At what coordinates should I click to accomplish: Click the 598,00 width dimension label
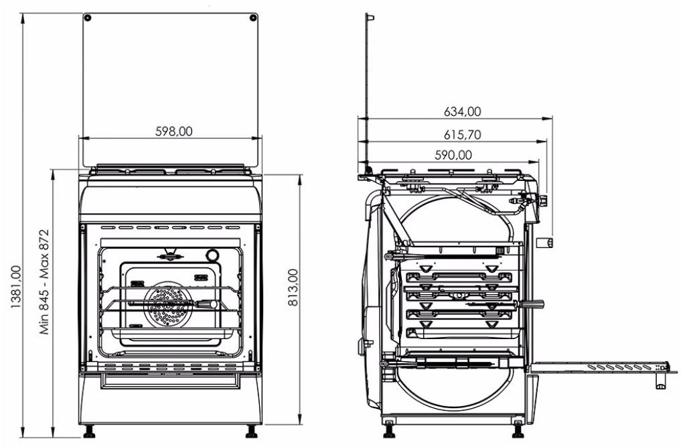pos(173,132)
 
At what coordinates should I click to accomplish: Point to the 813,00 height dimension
pos(293,288)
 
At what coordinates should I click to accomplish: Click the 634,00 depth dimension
pos(462,112)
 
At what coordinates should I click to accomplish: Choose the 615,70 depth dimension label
pos(462,135)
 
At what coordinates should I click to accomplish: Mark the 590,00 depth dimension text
pos(453,155)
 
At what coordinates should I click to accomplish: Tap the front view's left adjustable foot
pos(88,431)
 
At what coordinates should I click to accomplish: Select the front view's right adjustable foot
pos(252,431)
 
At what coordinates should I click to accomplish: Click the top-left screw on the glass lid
pos(88,17)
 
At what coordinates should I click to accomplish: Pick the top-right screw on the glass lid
pos(252,17)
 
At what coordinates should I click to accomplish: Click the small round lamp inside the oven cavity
pos(212,255)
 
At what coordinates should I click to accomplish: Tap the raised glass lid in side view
pos(367,87)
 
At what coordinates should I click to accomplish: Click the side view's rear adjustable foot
pos(389,427)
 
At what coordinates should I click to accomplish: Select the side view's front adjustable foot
pos(518,427)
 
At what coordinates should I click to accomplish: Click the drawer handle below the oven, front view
pos(169,380)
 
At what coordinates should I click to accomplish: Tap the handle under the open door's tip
pos(660,382)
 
